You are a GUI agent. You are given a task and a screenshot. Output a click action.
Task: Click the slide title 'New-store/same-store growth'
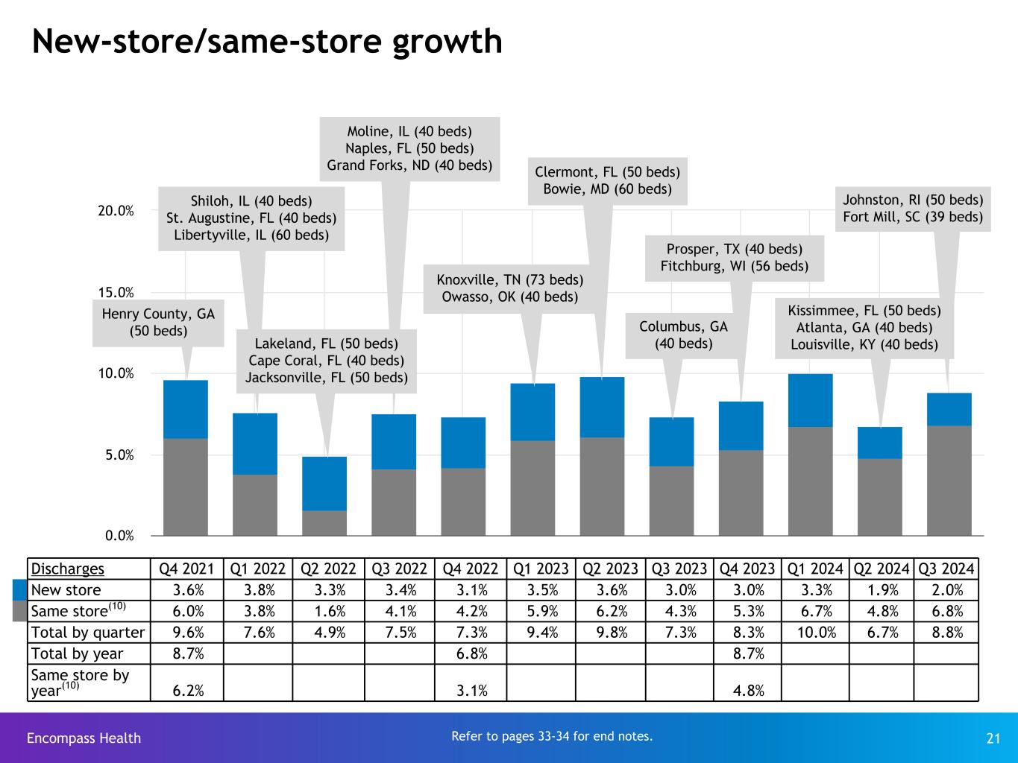tap(267, 42)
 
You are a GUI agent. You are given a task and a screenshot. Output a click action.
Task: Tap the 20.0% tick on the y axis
tap(116, 211)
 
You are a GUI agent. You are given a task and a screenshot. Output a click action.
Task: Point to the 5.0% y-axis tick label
tap(119, 455)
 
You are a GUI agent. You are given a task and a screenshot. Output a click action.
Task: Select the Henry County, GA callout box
tap(158, 323)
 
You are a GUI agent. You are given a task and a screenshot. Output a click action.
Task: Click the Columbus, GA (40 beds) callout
tap(683, 335)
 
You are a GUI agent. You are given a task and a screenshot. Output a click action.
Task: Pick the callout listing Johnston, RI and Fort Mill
tap(912, 209)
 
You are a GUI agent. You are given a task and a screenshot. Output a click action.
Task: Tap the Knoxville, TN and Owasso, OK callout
tap(509, 288)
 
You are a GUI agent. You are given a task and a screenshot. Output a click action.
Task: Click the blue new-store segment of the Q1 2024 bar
tap(810, 400)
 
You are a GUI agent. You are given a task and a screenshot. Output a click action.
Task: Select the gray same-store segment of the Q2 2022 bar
tap(324, 522)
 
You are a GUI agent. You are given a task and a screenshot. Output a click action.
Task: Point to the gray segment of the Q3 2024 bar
tap(949, 481)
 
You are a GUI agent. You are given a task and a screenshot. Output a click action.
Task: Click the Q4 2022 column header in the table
tap(470, 569)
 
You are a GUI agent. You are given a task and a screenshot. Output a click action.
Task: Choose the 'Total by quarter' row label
tap(88, 633)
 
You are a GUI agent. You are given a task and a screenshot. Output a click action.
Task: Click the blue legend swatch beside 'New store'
tap(20, 590)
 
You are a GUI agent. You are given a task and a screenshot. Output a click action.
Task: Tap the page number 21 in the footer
tap(993, 738)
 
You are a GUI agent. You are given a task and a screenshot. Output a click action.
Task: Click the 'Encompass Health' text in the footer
tap(84, 738)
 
